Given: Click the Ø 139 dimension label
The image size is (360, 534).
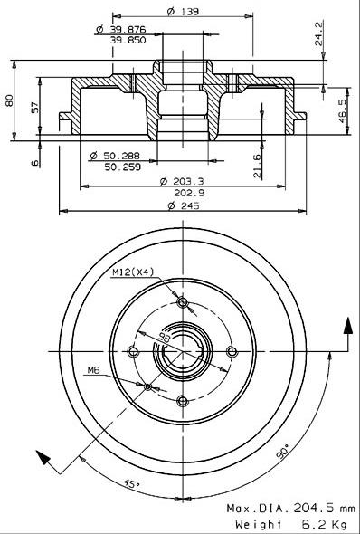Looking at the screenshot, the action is pos(183,11).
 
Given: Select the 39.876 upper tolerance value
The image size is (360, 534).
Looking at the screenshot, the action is pos(128,30).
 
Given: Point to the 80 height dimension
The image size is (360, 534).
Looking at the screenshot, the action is pos(9,100).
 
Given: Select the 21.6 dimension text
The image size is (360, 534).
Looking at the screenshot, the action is pos(257,167).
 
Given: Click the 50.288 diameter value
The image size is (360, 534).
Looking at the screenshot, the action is pos(121,157).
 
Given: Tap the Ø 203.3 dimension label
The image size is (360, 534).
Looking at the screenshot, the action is pos(182,181).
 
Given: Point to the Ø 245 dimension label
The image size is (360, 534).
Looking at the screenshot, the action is pos(184,205).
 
